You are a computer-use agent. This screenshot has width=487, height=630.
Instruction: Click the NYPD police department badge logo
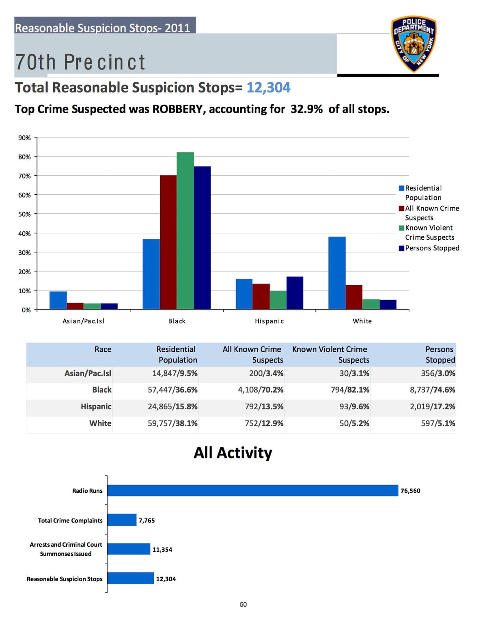pos(414,44)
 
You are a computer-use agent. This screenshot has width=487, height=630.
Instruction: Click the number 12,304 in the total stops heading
pos(268,88)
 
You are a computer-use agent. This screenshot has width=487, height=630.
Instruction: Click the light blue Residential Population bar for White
pos(337,273)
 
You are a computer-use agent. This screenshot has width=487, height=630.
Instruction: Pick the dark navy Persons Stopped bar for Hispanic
pos(295,293)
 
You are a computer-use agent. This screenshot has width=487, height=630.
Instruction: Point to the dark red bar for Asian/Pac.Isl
pos(75,306)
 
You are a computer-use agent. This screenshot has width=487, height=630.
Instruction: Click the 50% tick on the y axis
pos(24,214)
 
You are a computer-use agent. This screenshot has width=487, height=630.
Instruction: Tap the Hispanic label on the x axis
pos(269,321)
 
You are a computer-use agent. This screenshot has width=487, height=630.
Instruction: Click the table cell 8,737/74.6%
pos(432,390)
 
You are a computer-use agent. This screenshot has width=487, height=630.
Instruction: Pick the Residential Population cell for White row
pos(172,423)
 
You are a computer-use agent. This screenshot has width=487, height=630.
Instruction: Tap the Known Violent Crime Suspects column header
pos(330,355)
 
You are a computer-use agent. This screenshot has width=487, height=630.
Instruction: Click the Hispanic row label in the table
pos(96,406)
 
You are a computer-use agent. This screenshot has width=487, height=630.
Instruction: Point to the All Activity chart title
pos(233,453)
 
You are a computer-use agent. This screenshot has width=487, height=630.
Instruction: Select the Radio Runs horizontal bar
pos(252,490)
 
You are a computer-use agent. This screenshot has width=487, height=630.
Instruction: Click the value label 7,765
pos(147,520)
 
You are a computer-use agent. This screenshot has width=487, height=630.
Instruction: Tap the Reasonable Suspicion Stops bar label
pos(65,579)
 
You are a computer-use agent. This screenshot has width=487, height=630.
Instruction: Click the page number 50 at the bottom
pos(243,604)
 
